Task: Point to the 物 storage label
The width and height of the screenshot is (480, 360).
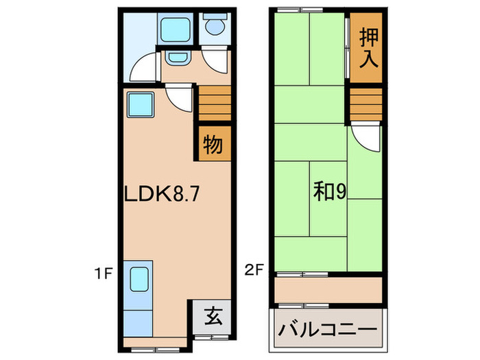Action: coord(213,145)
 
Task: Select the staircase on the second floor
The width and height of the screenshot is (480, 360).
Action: coord(364,104)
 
